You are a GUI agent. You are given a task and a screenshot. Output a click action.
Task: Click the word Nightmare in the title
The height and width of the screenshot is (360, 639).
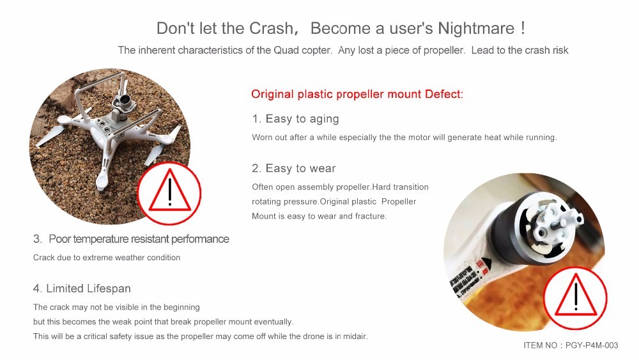[476, 29]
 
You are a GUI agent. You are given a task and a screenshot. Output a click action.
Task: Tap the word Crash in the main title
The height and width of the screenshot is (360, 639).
[271, 29]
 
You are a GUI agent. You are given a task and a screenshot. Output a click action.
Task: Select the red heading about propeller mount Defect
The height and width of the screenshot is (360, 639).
[357, 94]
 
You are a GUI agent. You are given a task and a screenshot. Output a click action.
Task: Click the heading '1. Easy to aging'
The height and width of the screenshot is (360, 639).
[295, 119]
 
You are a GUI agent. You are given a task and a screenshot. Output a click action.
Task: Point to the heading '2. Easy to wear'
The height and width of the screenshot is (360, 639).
[294, 168]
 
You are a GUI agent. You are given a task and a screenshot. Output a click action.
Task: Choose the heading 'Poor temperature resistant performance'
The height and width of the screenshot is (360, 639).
[139, 239]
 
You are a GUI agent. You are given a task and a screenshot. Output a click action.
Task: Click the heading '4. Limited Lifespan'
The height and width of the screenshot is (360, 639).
[82, 288]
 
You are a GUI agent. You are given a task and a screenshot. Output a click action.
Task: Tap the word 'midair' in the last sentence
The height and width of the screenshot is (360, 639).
[355, 336]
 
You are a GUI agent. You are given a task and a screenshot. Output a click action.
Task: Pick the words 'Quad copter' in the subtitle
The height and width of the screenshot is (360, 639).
[302, 51]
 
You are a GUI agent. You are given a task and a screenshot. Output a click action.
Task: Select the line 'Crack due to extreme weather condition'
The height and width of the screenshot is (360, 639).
[107, 258]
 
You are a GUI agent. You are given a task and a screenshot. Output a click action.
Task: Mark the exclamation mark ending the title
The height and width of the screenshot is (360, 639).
[523, 27]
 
